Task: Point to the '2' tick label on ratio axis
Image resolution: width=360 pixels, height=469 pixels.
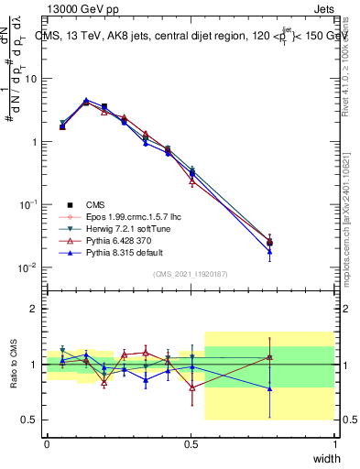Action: [x=35, y=310]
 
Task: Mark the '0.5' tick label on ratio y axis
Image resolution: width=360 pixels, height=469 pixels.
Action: [x=30, y=420]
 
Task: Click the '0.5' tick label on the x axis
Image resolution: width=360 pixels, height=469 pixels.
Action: [x=191, y=443]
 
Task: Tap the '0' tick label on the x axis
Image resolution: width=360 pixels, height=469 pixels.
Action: [x=47, y=443]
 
